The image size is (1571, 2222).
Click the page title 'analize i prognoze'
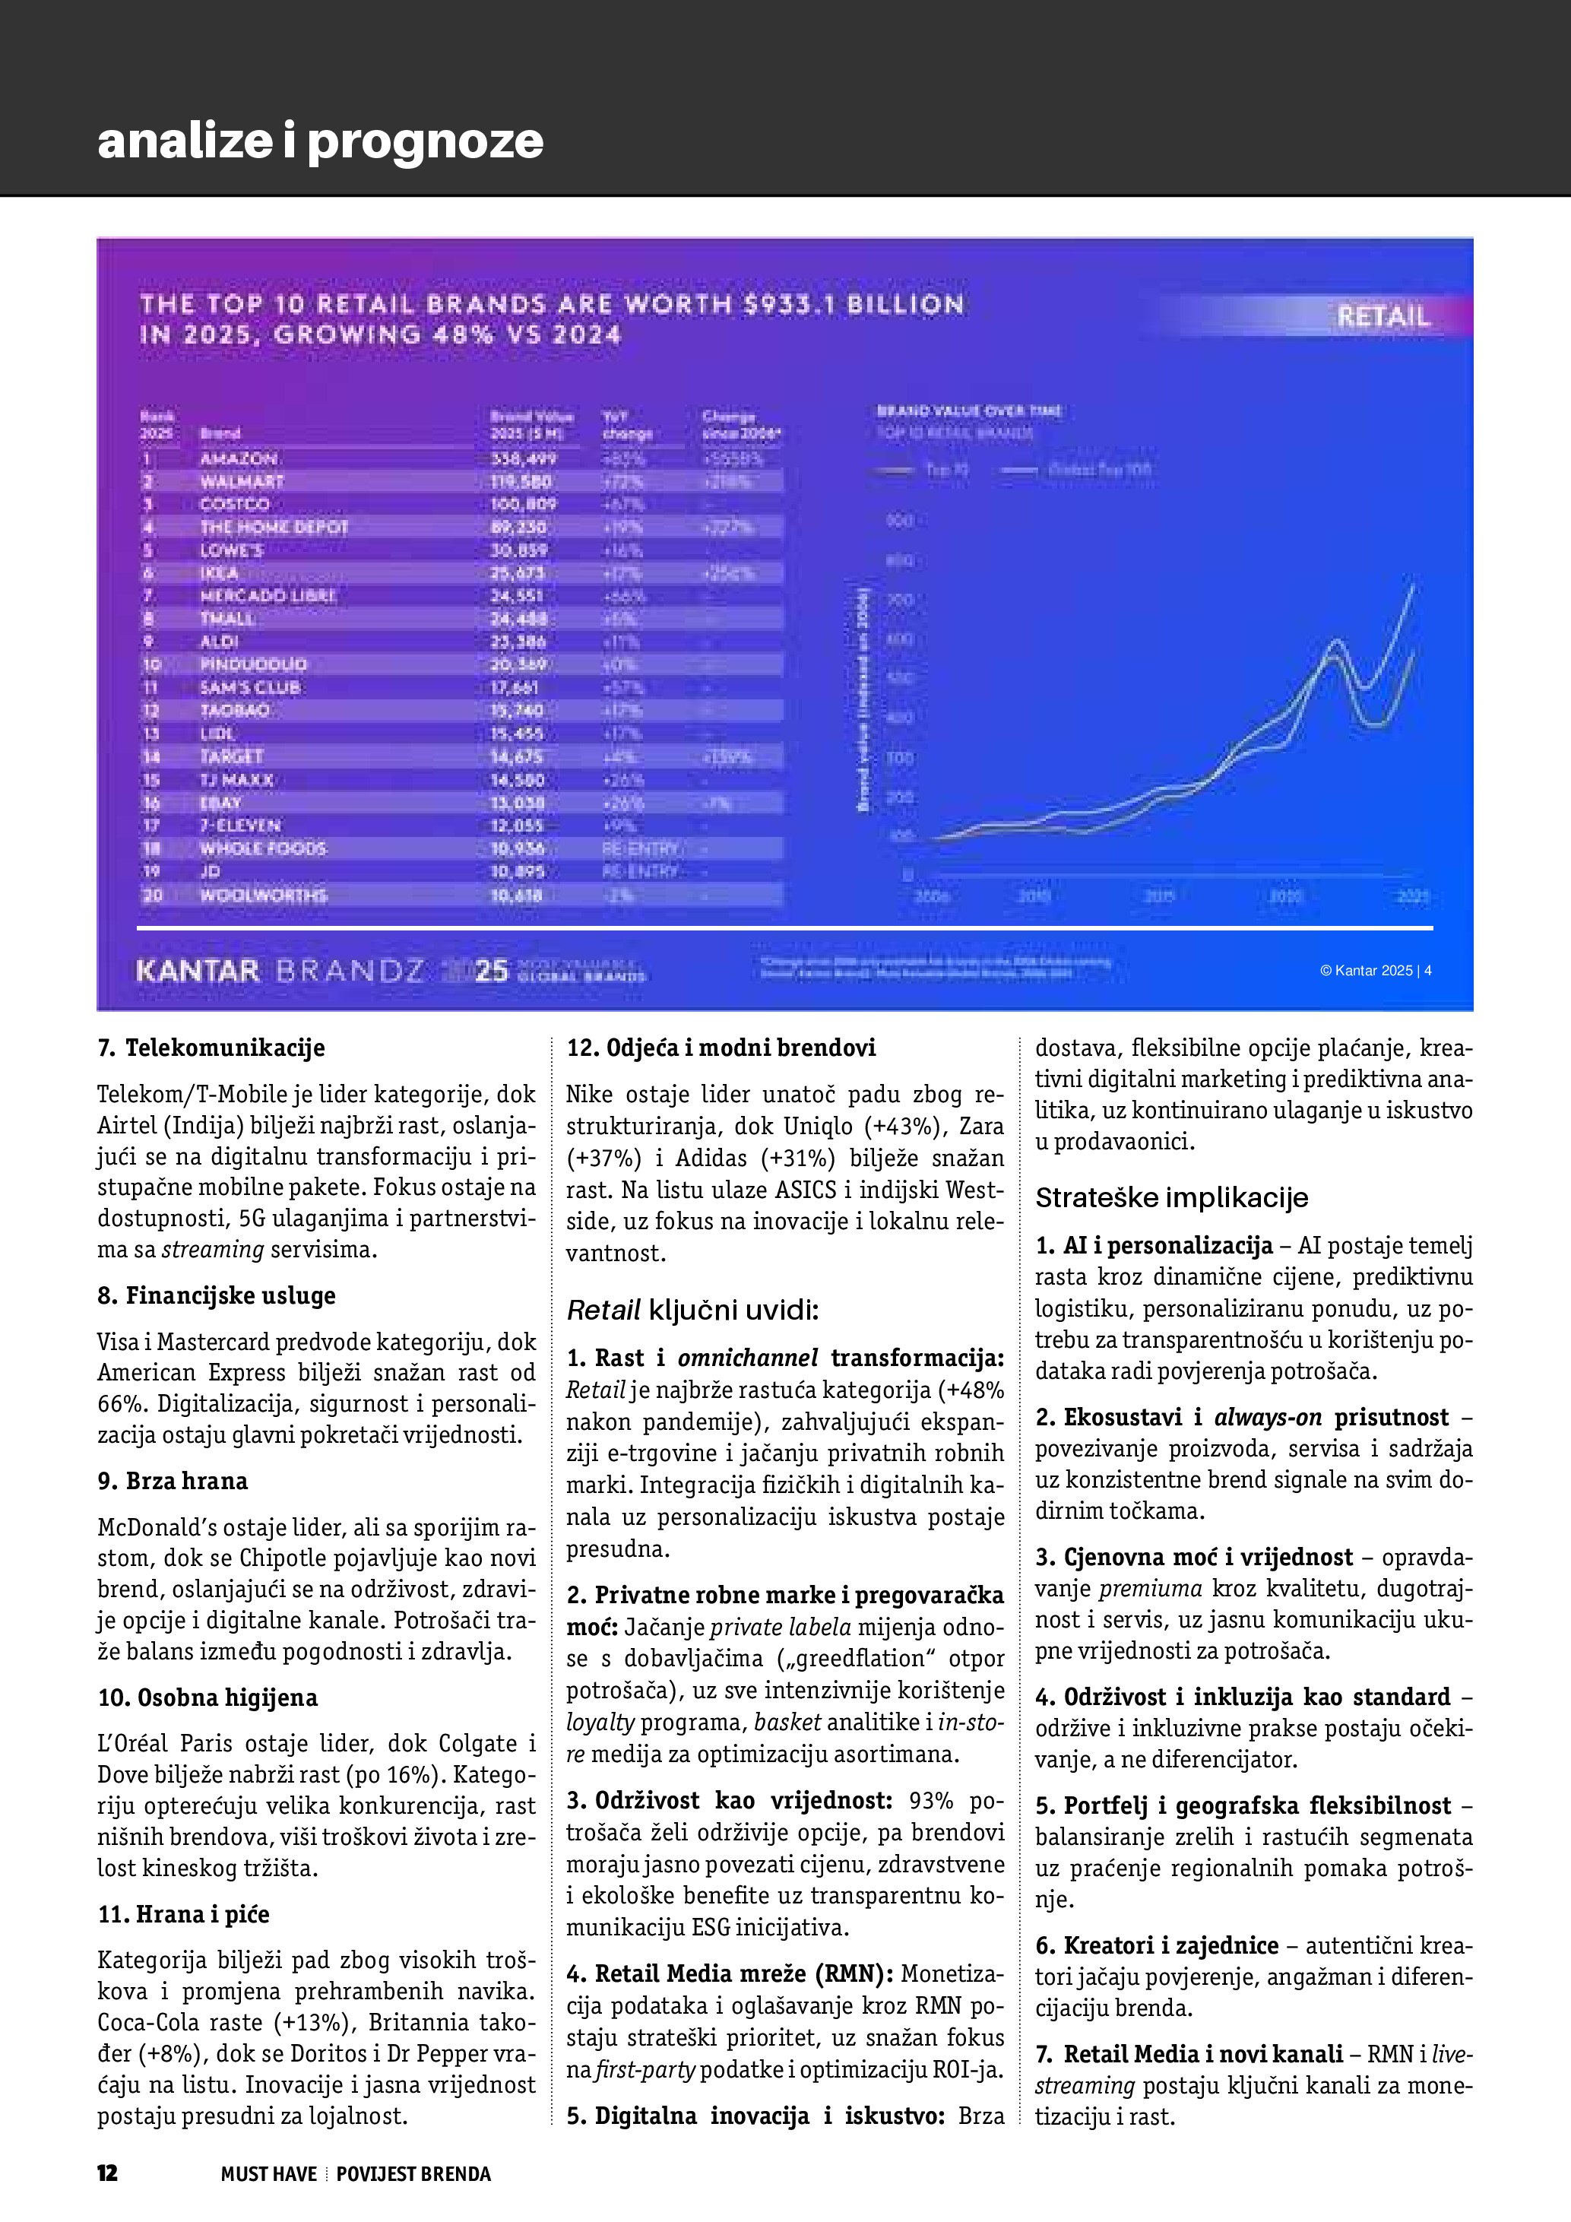click(x=320, y=141)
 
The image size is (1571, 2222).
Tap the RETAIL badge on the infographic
click(x=1383, y=316)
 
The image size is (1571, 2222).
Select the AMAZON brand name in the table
click(x=239, y=458)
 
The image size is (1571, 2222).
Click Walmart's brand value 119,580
click(x=521, y=481)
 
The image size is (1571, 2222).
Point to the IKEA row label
click(x=220, y=573)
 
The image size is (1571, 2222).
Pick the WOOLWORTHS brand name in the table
click(x=263, y=895)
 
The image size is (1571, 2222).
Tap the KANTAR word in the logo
click(x=198, y=971)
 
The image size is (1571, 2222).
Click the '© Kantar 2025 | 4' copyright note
click(x=1375, y=970)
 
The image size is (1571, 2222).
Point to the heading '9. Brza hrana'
click(x=173, y=1481)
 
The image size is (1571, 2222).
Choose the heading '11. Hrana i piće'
click(x=183, y=1914)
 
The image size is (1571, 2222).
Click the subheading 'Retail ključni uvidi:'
click(x=692, y=1311)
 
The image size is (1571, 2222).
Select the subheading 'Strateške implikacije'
click(x=1171, y=1198)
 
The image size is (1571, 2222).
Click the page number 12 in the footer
click(x=107, y=2173)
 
